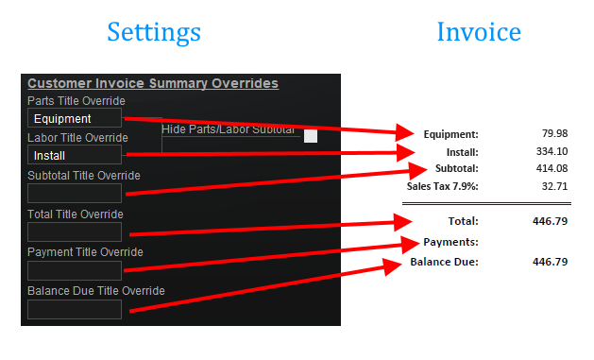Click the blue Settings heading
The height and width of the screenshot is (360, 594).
[x=154, y=31]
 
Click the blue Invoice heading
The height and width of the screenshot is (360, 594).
[x=479, y=31]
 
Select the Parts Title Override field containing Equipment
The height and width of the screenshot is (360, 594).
[x=75, y=118]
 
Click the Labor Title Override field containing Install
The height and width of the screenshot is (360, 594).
[x=75, y=155]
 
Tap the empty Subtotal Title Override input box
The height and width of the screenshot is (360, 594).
[x=75, y=193]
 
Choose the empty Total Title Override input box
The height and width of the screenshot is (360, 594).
[x=75, y=231]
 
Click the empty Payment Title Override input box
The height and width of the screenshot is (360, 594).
[x=75, y=270]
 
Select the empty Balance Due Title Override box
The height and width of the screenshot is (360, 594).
[x=75, y=309]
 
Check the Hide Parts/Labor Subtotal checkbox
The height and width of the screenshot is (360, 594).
[x=311, y=136]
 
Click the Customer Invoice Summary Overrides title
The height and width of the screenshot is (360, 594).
[x=153, y=83]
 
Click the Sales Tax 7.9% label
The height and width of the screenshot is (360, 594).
[x=443, y=186]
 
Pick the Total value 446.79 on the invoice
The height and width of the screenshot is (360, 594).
[x=550, y=221]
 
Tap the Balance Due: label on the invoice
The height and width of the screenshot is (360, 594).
[x=445, y=261]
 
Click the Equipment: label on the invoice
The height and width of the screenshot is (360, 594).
[x=451, y=134]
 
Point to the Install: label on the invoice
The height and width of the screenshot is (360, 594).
[x=463, y=151]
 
